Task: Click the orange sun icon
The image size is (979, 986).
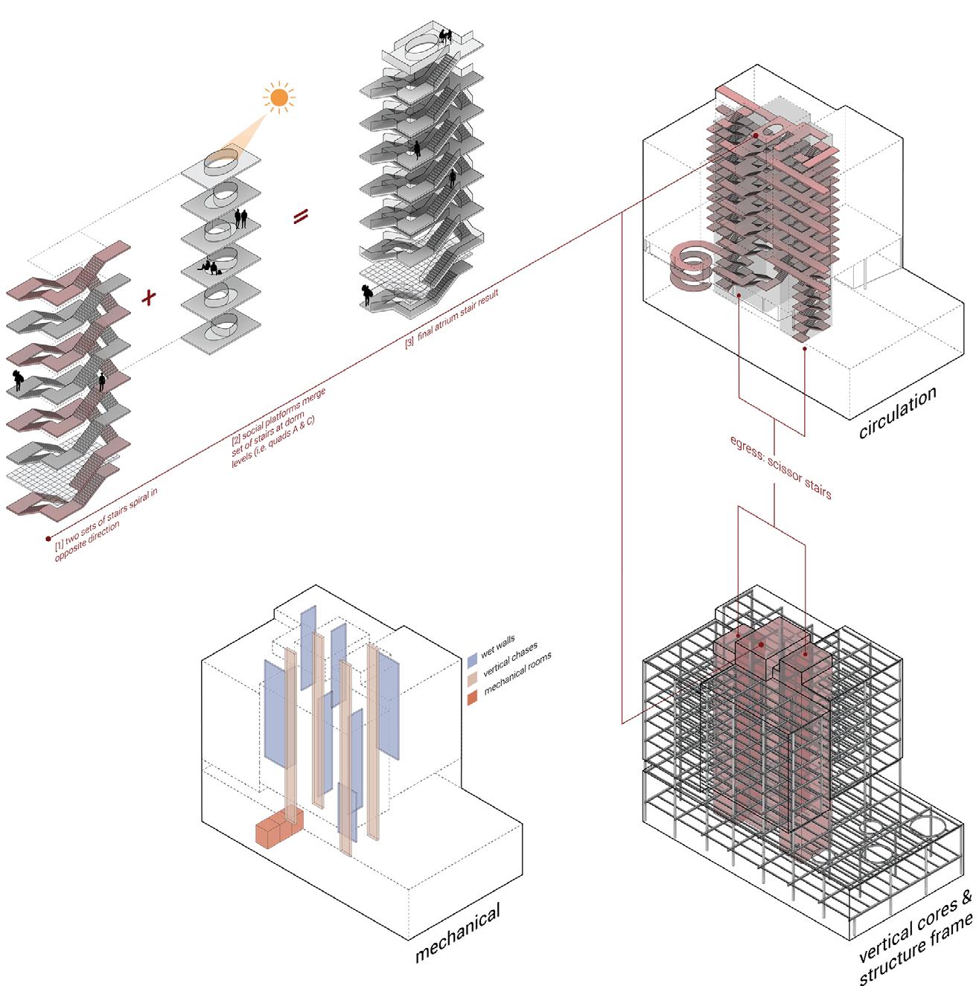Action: pyautogui.click(x=279, y=97)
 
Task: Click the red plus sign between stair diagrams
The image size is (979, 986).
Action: pyautogui.click(x=148, y=297)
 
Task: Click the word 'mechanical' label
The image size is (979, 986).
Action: pyautogui.click(x=458, y=932)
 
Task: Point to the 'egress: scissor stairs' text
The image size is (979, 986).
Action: pyautogui.click(x=780, y=467)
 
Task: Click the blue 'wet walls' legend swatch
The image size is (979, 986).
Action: pyautogui.click(x=472, y=660)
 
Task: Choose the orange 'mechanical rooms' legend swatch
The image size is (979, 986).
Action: pyautogui.click(x=472, y=697)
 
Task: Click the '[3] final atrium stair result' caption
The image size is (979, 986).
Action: pyautogui.click(x=451, y=320)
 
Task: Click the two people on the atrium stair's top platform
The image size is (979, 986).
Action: pyautogui.click(x=445, y=36)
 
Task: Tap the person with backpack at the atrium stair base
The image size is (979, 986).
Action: pyautogui.click(x=366, y=295)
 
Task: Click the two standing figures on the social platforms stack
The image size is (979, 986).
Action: pyautogui.click(x=240, y=219)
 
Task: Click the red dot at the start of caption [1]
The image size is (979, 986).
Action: pyautogui.click(x=48, y=538)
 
